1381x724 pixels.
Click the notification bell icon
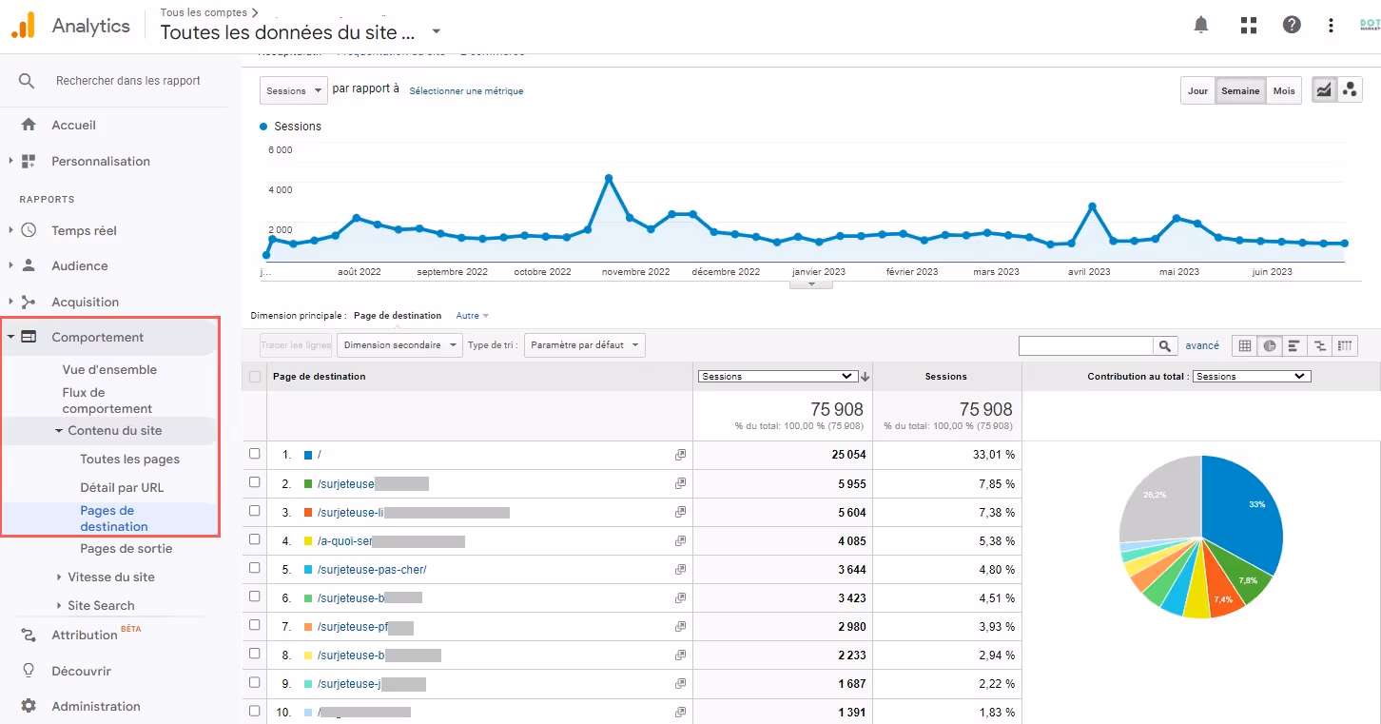click(1201, 25)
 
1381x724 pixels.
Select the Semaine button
click(1240, 91)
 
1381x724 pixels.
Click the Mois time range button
click(1284, 91)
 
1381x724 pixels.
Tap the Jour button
click(1197, 91)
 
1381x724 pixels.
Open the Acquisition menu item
click(85, 302)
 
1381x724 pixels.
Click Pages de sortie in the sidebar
click(126, 548)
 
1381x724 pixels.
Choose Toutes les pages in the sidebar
click(129, 459)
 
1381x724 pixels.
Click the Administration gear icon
click(29, 706)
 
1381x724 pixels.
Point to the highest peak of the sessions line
click(609, 178)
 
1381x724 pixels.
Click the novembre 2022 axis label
click(635, 272)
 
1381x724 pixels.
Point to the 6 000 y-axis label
click(280, 150)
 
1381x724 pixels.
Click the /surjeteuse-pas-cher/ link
click(372, 570)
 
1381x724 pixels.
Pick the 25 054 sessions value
click(848, 455)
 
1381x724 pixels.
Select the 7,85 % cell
click(996, 483)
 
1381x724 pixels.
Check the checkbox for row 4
click(254, 539)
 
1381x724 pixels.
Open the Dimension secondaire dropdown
click(399, 345)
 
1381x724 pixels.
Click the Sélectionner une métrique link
click(466, 91)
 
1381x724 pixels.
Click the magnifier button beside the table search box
click(1164, 346)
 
